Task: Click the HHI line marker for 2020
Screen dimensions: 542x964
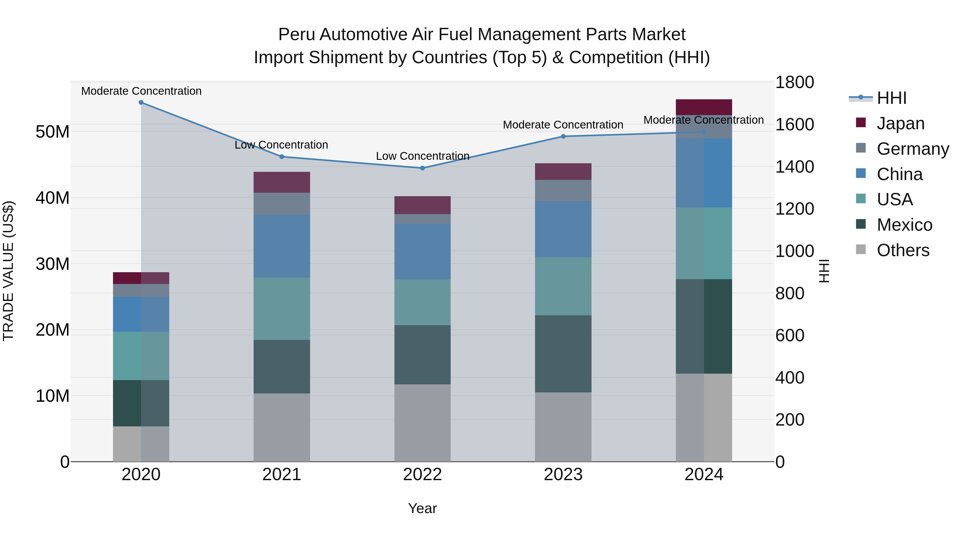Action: click(141, 103)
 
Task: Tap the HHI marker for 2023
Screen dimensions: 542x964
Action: click(563, 136)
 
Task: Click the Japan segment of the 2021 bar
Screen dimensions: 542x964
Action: click(282, 182)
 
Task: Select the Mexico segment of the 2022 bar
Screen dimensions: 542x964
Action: click(423, 355)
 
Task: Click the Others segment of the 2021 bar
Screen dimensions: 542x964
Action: click(282, 427)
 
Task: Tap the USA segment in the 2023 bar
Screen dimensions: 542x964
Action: click(563, 286)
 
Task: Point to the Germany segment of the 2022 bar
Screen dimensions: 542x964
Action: click(423, 219)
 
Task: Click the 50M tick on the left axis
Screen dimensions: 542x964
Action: click(52, 132)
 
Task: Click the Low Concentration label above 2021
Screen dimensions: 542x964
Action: click(281, 145)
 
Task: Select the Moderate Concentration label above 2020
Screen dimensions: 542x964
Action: click(141, 91)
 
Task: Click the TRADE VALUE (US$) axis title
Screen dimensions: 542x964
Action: click(9, 271)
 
